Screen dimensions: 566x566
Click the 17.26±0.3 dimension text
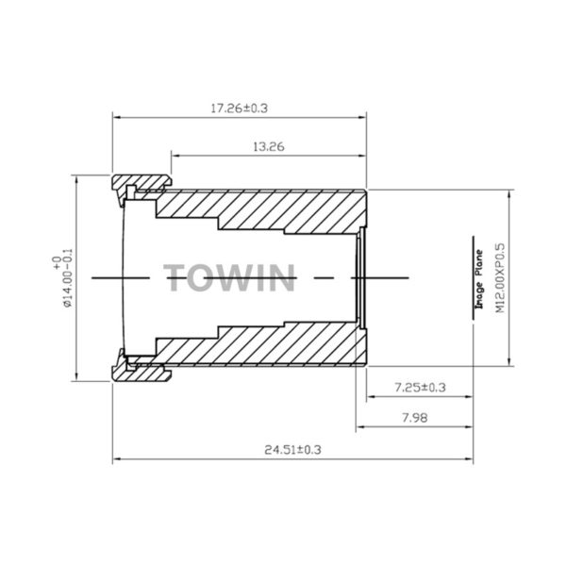pyautogui.click(x=239, y=108)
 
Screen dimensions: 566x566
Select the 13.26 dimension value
pyautogui.click(x=269, y=147)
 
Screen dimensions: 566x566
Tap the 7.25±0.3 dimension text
pyautogui.click(x=420, y=388)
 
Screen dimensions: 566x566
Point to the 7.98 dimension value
pyautogui.click(x=415, y=418)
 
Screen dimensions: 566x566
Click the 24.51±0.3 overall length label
pyautogui.click(x=292, y=450)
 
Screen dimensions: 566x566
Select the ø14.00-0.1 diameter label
pyautogui.click(x=63, y=278)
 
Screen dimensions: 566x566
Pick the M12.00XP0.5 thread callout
pyautogui.click(x=500, y=278)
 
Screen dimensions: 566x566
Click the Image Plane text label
pyautogui.click(x=479, y=279)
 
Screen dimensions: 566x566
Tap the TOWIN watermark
pyautogui.click(x=229, y=277)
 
